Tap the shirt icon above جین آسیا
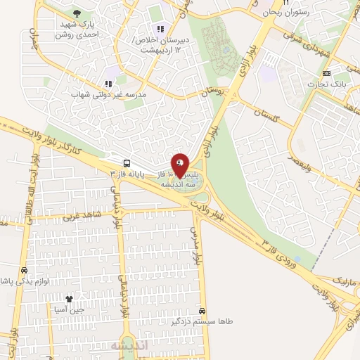point(69,300)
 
